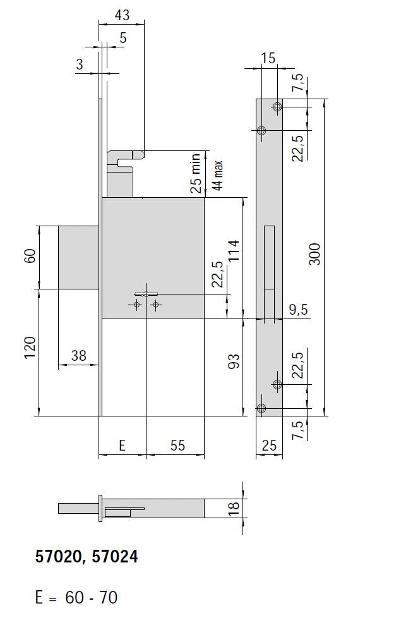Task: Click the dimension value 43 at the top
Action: (x=122, y=15)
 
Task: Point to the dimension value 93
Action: (x=234, y=362)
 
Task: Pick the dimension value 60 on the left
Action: (x=30, y=257)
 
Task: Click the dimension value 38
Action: (x=78, y=356)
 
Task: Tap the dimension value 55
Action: (x=177, y=446)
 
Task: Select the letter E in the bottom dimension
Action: (x=123, y=446)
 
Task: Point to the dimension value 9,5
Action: (x=298, y=310)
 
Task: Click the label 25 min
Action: (x=196, y=173)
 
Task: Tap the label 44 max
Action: (x=218, y=176)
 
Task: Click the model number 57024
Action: (x=115, y=557)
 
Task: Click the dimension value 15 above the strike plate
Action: (x=268, y=58)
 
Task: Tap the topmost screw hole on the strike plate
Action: (x=277, y=107)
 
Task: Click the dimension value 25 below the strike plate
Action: (x=269, y=446)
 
